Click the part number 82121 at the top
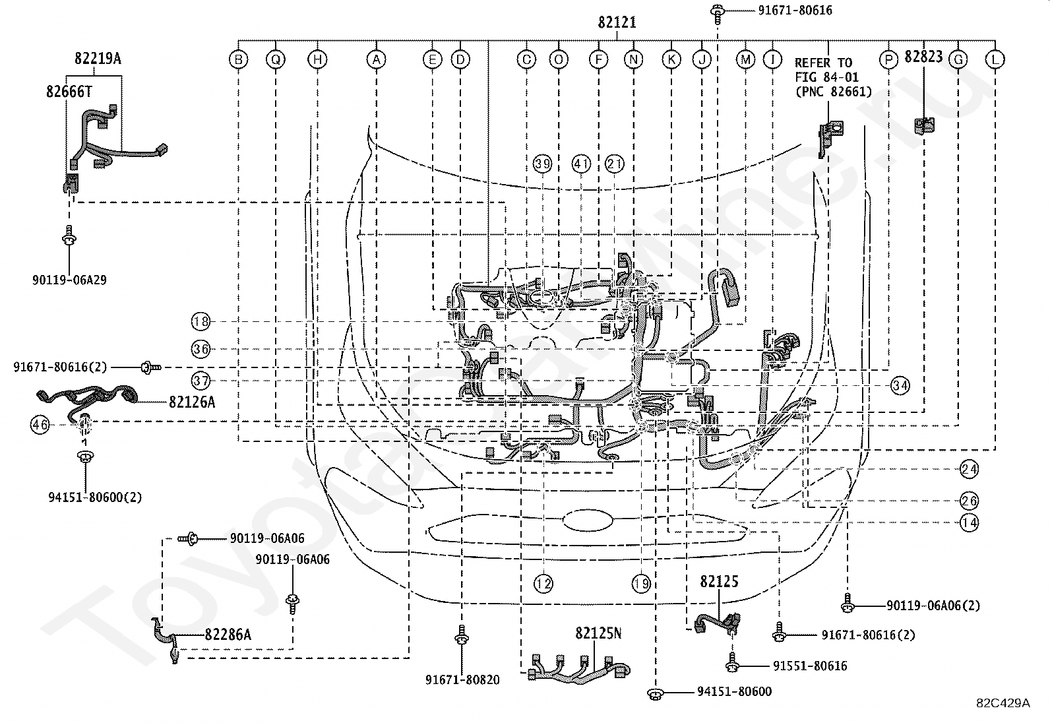617,22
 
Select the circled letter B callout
239,59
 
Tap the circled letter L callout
995,59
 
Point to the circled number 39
542,164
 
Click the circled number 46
40,425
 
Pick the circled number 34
900,385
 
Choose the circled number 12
543,583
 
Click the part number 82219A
98,58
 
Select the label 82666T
69,92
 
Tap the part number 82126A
192,402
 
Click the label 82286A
228,635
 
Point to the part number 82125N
598,633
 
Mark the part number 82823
923,57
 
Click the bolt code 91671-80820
462,679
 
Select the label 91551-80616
810,666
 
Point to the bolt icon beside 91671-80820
462,635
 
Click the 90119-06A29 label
69,280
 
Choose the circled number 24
970,469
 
